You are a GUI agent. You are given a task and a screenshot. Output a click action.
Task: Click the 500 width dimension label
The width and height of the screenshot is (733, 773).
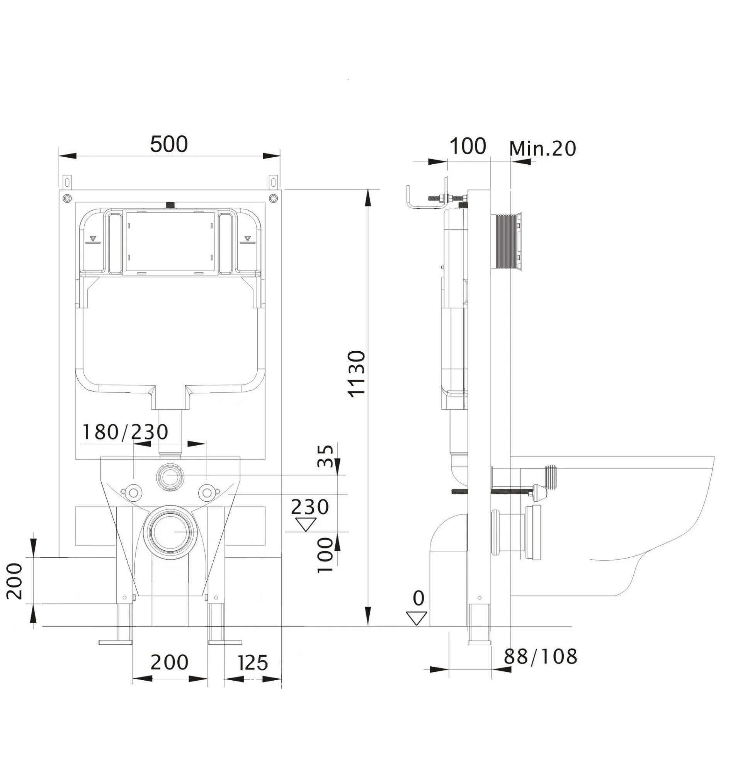(x=169, y=145)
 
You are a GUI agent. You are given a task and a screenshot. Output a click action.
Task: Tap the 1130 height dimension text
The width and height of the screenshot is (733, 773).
(x=357, y=374)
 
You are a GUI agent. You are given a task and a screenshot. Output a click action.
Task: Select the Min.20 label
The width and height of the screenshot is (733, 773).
(x=543, y=148)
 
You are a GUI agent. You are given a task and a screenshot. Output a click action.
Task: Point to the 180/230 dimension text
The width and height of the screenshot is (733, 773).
(x=126, y=432)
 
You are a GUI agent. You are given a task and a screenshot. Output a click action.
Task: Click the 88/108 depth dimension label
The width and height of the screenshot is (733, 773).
(x=540, y=657)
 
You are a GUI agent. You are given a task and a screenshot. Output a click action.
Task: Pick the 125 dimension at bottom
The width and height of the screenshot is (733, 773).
(x=253, y=663)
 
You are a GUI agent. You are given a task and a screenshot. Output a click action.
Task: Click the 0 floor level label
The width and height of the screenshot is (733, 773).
(x=418, y=598)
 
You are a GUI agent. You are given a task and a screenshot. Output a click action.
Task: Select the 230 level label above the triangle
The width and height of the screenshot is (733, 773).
(x=310, y=507)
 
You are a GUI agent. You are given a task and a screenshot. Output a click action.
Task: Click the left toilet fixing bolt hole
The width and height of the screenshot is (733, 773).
(x=133, y=492)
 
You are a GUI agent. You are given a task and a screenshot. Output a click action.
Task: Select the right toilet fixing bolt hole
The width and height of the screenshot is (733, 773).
(x=207, y=492)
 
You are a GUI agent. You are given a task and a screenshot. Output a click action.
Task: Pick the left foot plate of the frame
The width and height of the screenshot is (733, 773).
(x=117, y=642)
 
